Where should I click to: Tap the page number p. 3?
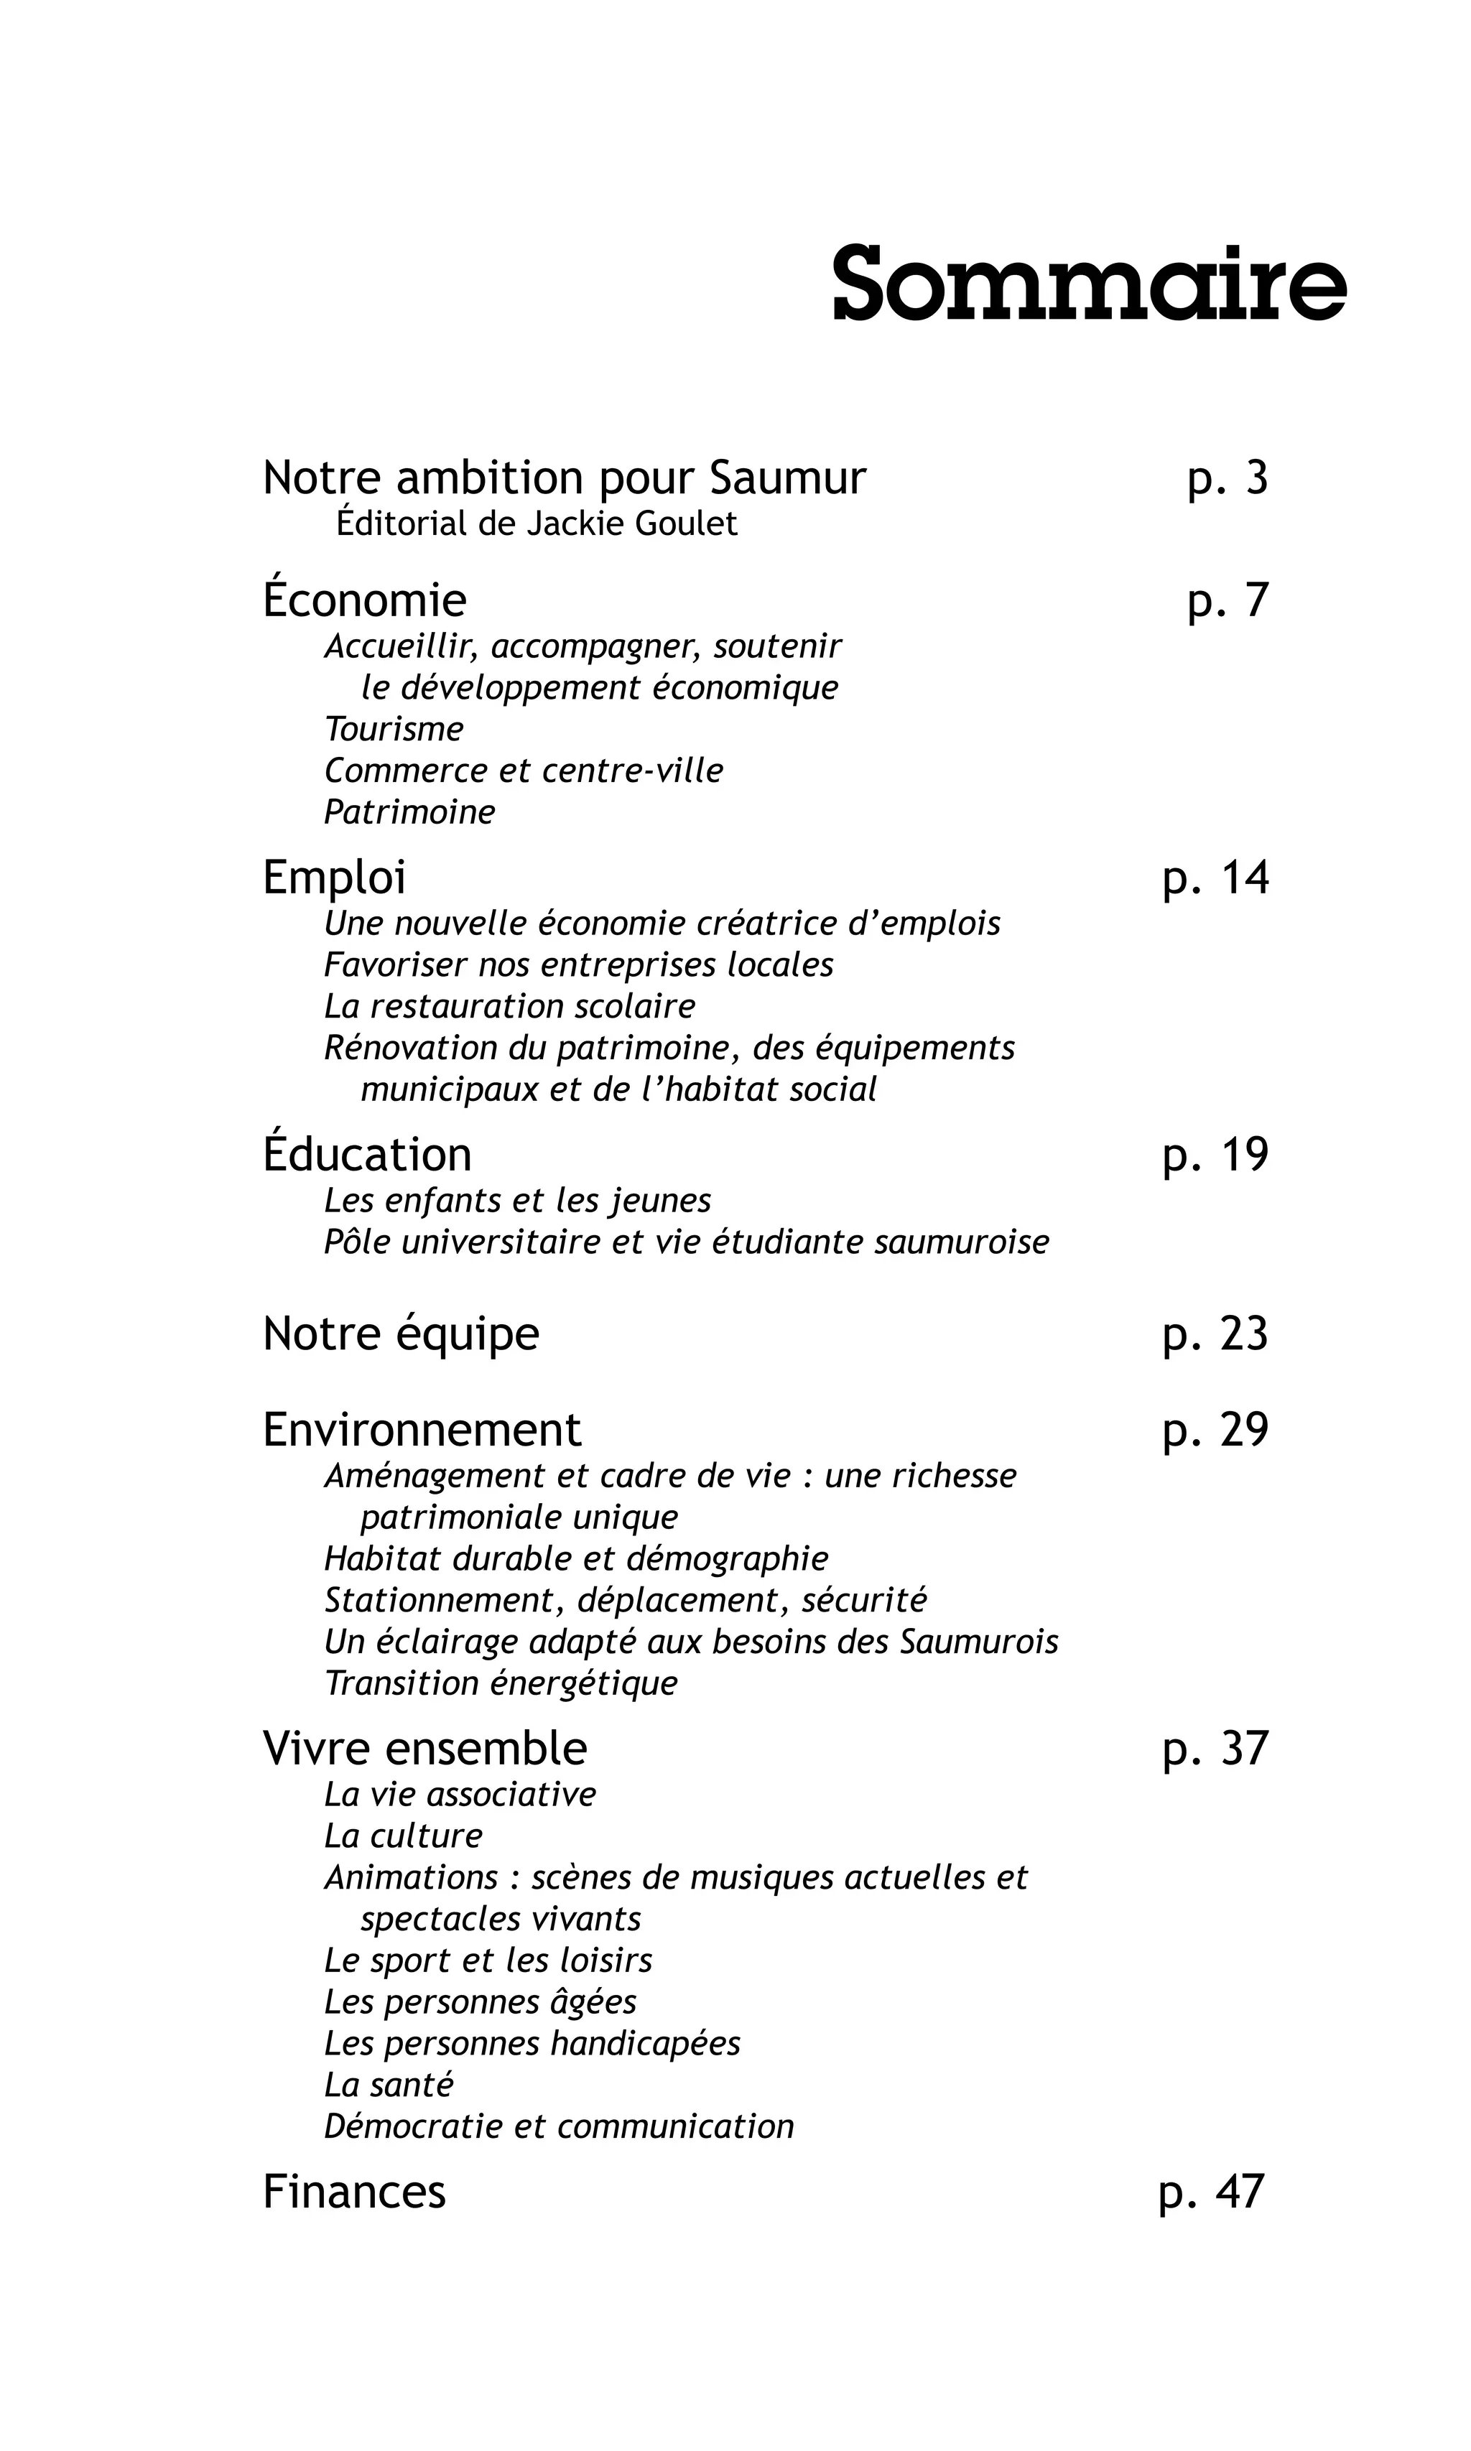point(1228,479)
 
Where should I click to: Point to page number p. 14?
point(1215,878)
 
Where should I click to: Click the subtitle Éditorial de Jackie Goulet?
point(537,524)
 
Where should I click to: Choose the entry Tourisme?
point(394,730)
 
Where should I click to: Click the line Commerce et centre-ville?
point(524,771)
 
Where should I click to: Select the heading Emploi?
point(334,878)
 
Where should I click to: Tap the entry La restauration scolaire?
point(509,1006)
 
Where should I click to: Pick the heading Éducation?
point(367,1155)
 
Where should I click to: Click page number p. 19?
point(1215,1155)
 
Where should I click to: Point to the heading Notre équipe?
point(401,1334)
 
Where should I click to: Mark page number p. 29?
point(1215,1430)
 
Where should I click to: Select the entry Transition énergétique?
point(501,1683)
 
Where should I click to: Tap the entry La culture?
point(402,1836)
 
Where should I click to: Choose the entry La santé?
point(389,2085)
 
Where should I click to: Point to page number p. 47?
point(1211,2192)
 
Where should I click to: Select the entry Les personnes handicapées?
point(532,2044)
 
